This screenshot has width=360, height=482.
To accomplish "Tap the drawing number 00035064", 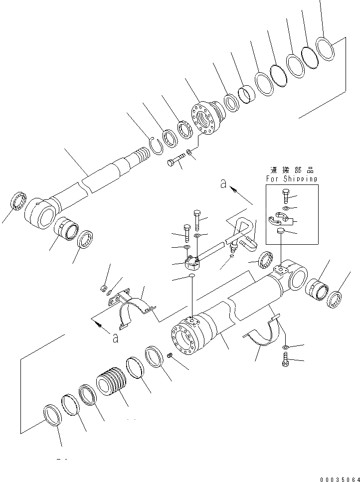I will (335, 476).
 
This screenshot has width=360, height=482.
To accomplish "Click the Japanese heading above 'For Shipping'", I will (291, 170).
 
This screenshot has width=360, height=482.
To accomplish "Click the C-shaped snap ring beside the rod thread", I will (157, 145).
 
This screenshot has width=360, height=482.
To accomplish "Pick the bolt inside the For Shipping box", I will (285, 196).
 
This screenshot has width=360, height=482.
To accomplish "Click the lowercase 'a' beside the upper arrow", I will (224, 184).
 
